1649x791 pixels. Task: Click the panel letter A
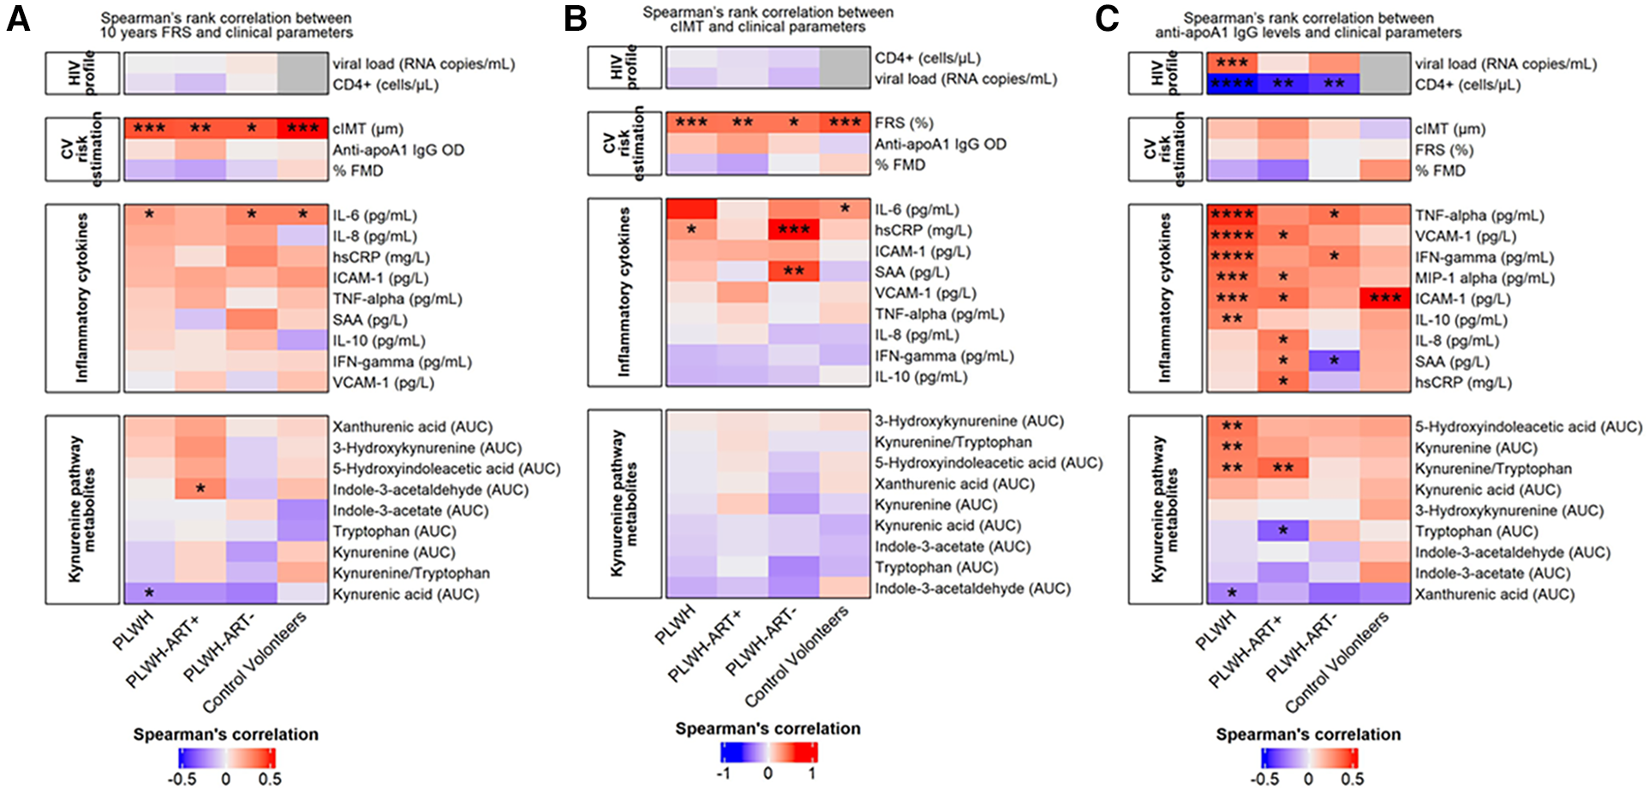click(x=18, y=19)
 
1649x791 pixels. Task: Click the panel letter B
click(x=575, y=19)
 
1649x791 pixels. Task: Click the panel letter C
click(x=1107, y=19)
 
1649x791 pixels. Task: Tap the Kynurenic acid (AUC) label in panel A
click(x=405, y=595)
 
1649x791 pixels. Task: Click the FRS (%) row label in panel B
click(x=904, y=123)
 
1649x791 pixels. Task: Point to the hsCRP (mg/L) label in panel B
click(x=923, y=230)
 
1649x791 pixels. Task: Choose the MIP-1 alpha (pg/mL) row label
click(x=1485, y=278)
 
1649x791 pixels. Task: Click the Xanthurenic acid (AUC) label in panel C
click(x=1494, y=595)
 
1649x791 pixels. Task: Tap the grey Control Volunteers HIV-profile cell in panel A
click(x=302, y=74)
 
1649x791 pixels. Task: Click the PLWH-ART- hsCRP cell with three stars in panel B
click(x=794, y=230)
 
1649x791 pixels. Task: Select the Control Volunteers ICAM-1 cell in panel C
click(x=1385, y=299)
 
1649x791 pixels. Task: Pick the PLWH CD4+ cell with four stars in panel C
click(x=1232, y=84)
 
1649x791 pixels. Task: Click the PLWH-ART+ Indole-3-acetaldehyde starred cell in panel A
click(x=200, y=490)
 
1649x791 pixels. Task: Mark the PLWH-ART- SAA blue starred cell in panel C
click(x=1334, y=362)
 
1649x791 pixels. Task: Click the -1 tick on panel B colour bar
click(x=725, y=773)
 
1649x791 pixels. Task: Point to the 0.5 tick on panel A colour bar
click(x=270, y=779)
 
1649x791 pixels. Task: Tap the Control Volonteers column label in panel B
click(x=797, y=657)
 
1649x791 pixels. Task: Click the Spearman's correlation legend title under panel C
click(x=1308, y=734)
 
